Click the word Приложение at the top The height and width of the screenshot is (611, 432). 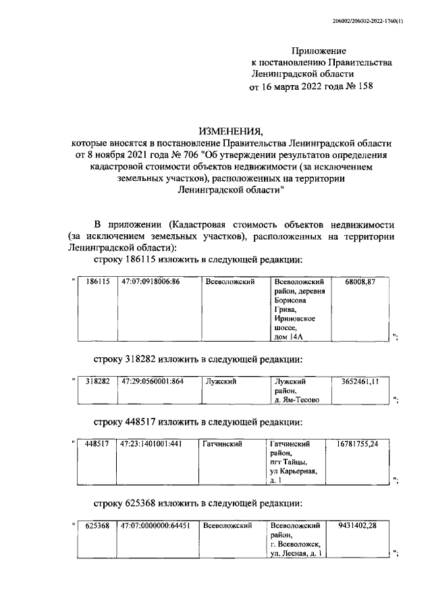tap(319, 51)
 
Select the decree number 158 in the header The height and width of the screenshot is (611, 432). tap(362, 86)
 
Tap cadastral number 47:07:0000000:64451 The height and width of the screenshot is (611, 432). tap(155, 525)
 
